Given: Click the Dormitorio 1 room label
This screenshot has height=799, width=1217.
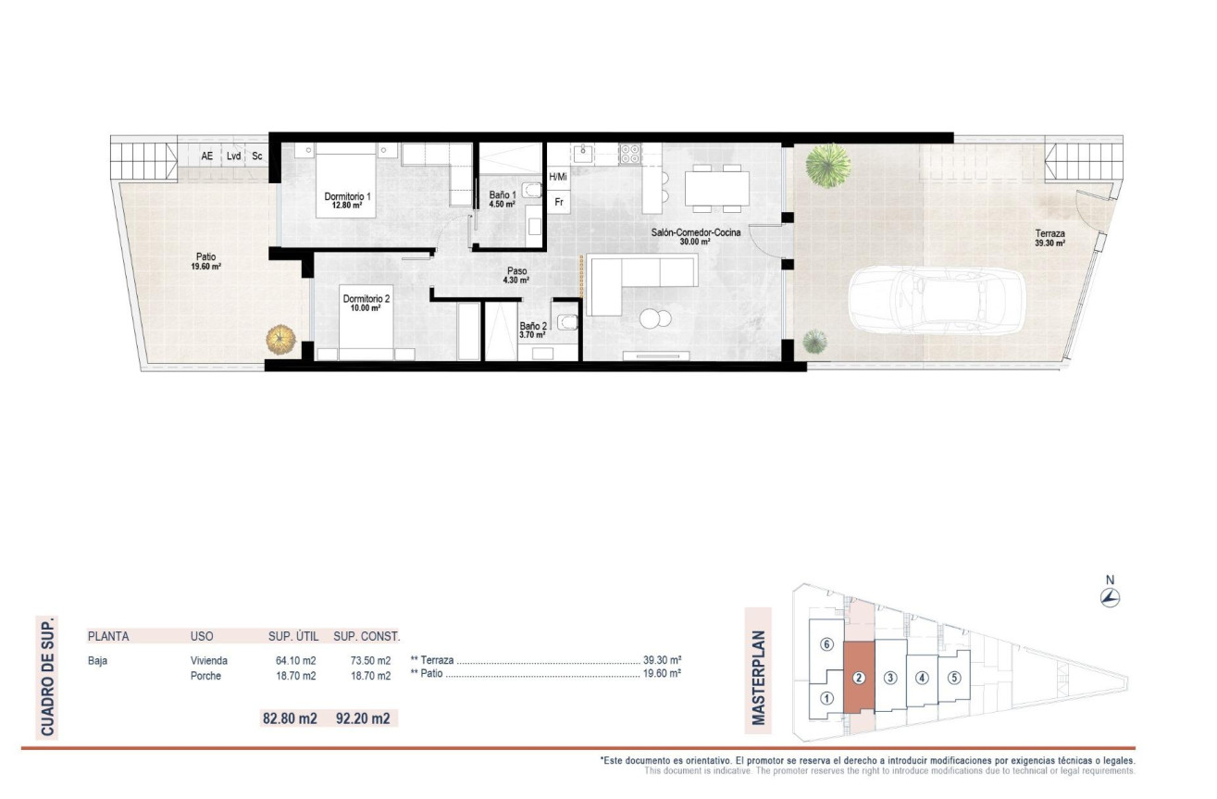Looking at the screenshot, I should coord(347,196).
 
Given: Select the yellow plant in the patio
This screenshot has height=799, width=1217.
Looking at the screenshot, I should coord(281,339).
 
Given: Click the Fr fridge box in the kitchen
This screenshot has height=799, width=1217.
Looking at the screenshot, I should coord(559,201).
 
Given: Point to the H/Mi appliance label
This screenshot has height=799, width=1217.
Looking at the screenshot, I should coord(558,176).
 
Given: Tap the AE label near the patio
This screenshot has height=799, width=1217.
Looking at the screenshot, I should coord(206,156).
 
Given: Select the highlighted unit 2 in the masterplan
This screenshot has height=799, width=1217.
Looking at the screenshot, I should coord(859,677).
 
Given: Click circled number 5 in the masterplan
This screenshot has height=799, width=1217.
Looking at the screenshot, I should coord(954,677).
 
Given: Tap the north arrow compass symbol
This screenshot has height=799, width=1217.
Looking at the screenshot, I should coord(1111,596).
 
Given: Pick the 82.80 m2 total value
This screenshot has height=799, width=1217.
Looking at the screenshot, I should coord(290,718).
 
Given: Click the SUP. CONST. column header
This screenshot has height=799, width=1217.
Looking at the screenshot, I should coord(366,636).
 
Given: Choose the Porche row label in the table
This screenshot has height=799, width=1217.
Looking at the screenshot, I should coord(205,676).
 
